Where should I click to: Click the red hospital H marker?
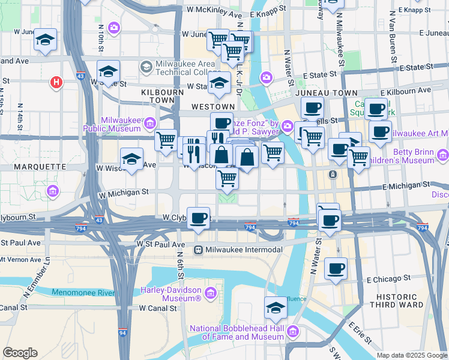pos(56,82)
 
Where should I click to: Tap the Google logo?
pos(20,353)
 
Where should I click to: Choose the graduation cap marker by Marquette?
pos(131,160)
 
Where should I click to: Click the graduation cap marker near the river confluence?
pos(276,308)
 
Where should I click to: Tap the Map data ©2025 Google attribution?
pos(411,355)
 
